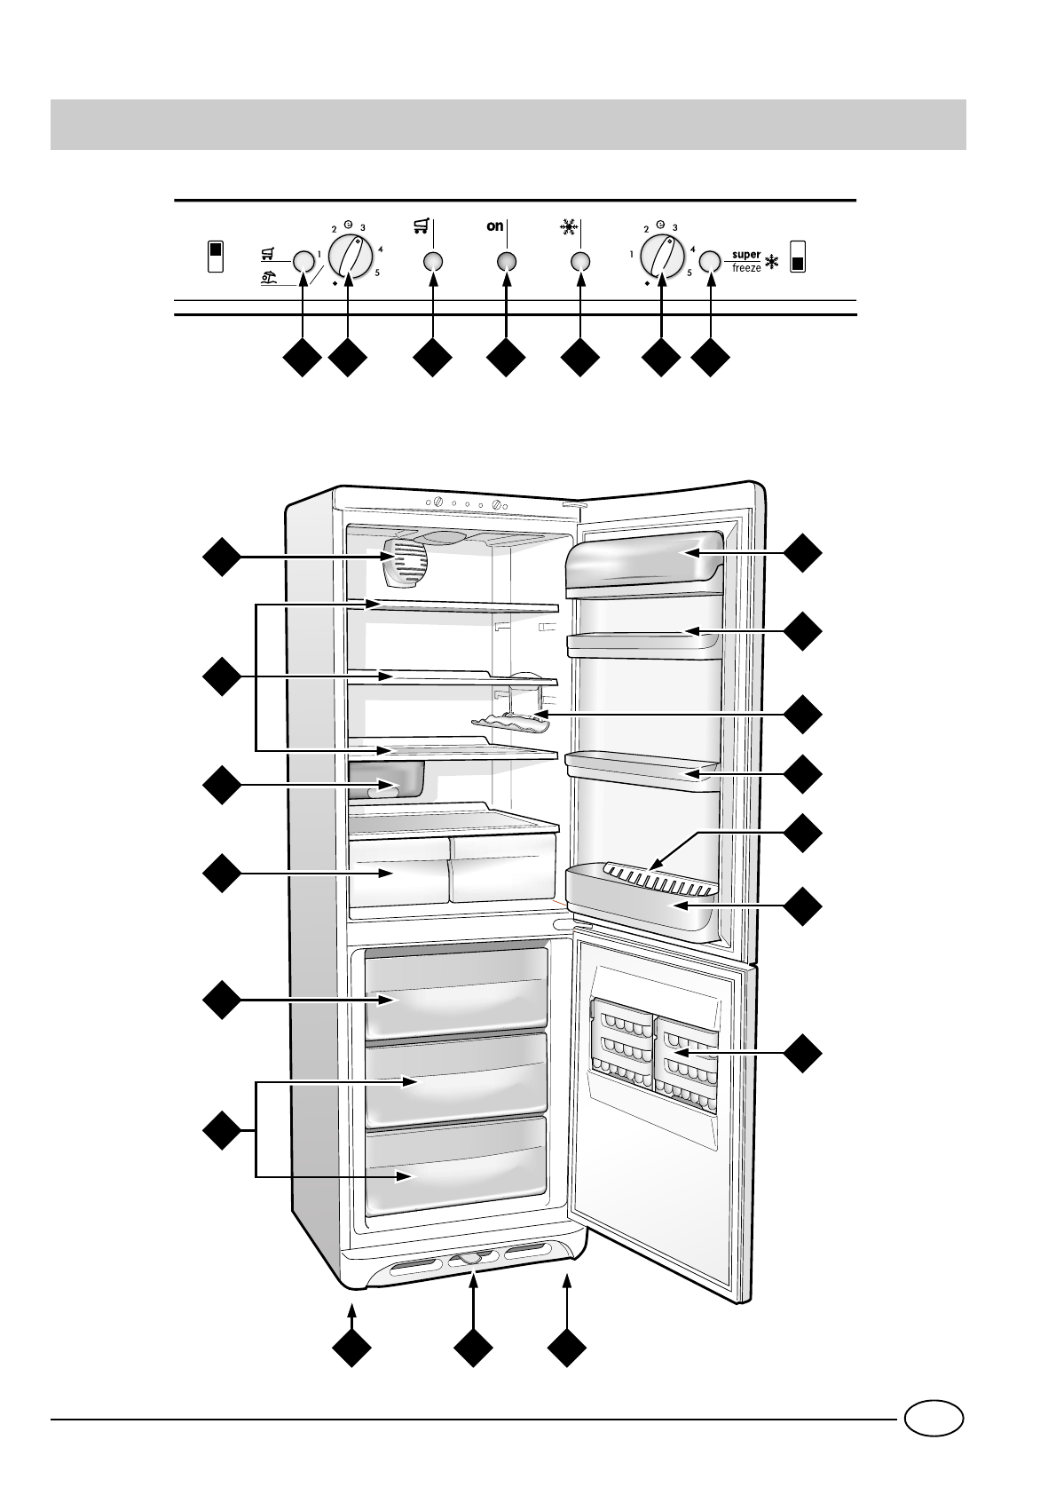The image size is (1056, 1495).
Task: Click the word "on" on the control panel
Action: click(495, 226)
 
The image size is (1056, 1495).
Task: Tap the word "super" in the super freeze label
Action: click(746, 255)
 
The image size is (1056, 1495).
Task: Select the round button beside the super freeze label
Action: click(709, 261)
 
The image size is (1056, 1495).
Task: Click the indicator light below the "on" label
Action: click(506, 261)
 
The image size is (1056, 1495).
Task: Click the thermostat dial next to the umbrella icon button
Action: click(349, 255)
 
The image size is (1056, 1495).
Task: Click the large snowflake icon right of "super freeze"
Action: click(772, 262)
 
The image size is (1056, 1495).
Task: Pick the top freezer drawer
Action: click(456, 992)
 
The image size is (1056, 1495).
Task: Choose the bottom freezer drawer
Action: click(456, 1166)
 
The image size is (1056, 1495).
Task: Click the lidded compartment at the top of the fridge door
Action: click(643, 561)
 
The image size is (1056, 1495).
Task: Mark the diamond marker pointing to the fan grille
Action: click(222, 557)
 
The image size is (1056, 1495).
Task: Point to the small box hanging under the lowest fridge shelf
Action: click(388, 779)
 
